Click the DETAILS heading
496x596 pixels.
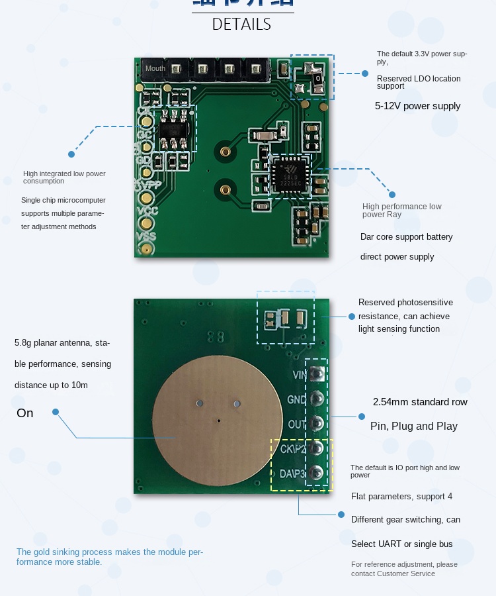point(241,25)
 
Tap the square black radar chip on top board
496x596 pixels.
point(288,175)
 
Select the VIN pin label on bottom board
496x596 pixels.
point(298,375)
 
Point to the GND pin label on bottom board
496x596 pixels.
point(296,399)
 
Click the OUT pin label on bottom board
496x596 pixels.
point(296,424)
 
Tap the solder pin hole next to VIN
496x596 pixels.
point(317,375)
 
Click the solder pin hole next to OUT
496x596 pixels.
point(317,424)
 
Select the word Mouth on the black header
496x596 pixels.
point(155,68)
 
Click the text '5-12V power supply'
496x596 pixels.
point(417,106)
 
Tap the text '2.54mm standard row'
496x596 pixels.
point(420,402)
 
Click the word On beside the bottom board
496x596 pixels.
point(25,413)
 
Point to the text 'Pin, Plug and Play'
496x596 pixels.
point(413,426)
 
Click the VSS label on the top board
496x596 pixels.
point(146,236)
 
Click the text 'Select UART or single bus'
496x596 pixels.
point(401,544)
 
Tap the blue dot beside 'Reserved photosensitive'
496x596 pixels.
point(351,317)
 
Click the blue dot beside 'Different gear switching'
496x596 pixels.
point(341,514)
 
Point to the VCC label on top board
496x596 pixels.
point(146,211)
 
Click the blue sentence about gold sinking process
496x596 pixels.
point(110,557)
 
